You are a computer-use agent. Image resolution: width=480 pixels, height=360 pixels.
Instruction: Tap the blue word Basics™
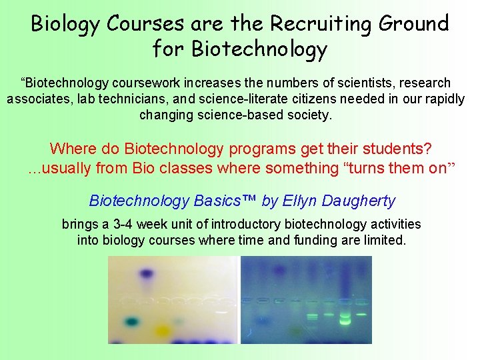[226, 201]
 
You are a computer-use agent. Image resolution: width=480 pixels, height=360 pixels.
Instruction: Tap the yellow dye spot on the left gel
[162, 329]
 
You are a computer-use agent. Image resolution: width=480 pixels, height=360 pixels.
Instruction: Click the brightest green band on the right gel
[345, 318]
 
